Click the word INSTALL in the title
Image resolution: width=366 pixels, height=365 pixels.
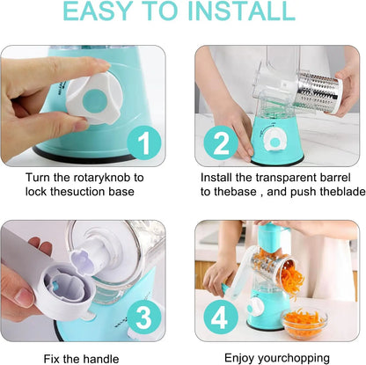(x=237, y=12)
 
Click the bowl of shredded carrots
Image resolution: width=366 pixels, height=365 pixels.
(x=305, y=322)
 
